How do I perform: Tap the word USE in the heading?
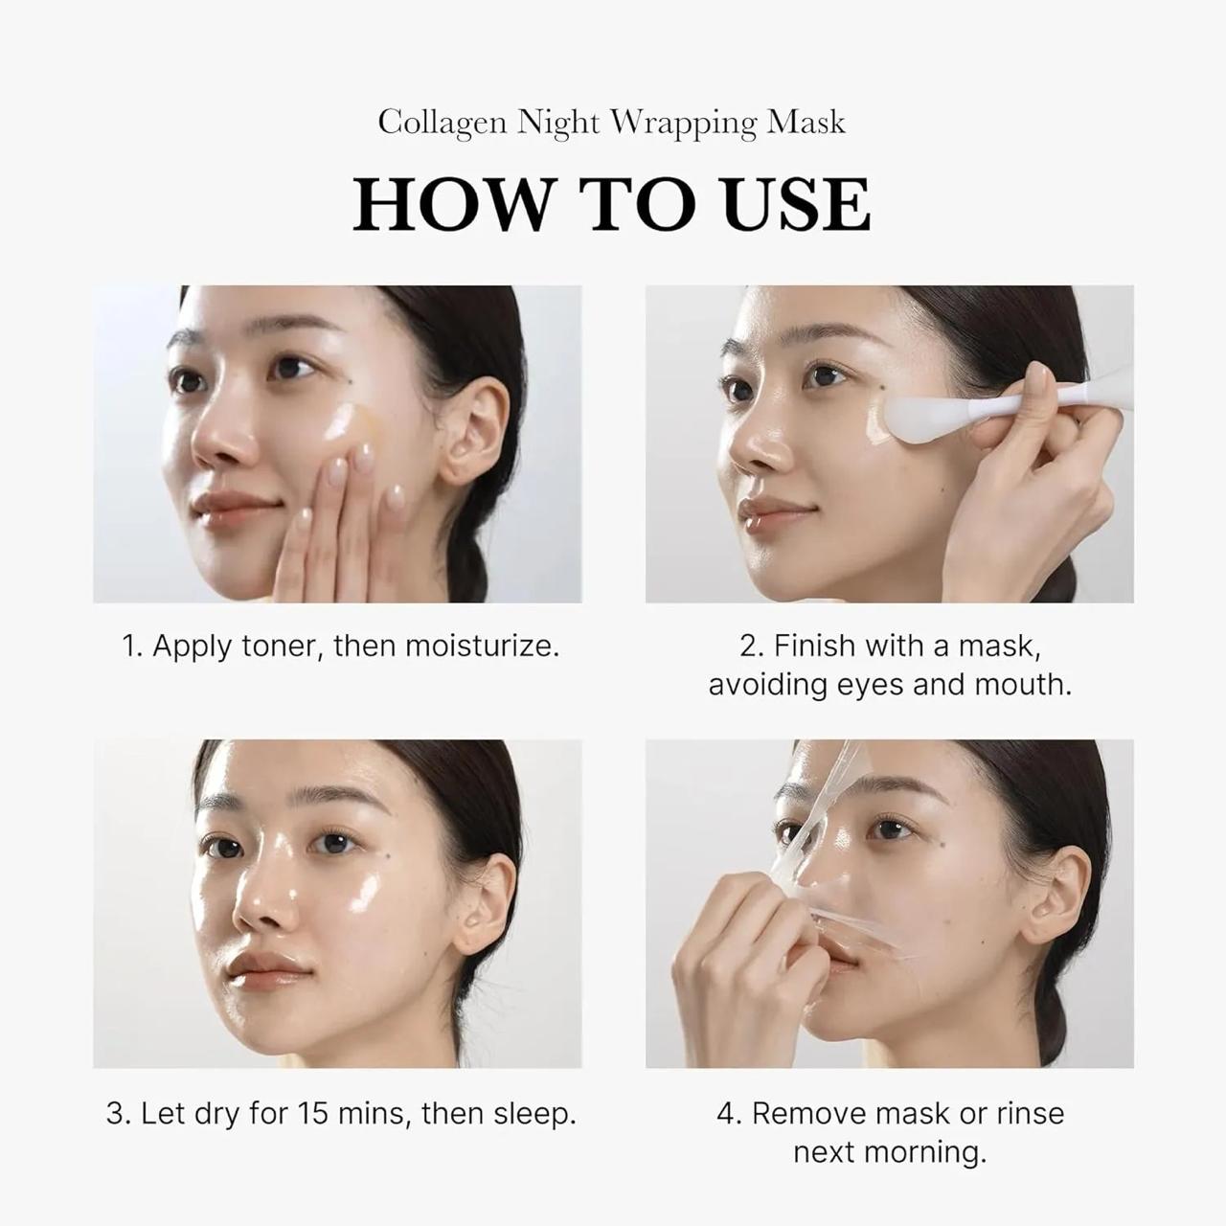point(797,204)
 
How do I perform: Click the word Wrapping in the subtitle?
point(683,123)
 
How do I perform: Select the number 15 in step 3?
point(312,1114)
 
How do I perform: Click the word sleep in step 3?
point(534,1114)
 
